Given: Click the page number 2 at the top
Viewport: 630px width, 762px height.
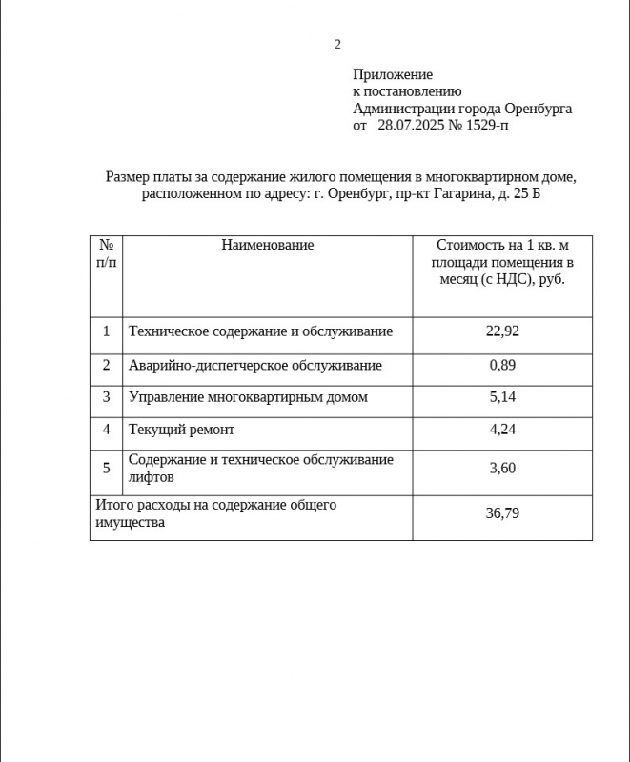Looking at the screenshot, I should [337, 44].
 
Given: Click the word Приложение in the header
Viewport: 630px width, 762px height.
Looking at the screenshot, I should [393, 74].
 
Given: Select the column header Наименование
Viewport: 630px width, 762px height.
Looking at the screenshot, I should [267, 246].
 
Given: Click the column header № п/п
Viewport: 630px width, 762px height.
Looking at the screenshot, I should [107, 254].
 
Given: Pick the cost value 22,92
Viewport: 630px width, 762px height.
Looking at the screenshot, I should [502, 331].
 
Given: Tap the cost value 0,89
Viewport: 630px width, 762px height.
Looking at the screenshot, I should [502, 366].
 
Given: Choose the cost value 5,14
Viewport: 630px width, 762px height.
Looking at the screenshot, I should [502, 397].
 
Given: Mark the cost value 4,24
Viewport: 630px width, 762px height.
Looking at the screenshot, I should [502, 430].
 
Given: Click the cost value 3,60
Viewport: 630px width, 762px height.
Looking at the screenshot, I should [502, 468].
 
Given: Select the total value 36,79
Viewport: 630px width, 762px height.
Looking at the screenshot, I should [502, 514].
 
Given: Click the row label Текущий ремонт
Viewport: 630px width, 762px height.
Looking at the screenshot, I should [181, 431].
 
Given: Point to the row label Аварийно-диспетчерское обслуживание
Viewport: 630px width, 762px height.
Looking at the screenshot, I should [255, 366].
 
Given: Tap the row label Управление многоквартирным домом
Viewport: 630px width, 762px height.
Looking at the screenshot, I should [248, 397].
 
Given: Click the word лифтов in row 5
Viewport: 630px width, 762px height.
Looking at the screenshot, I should [152, 477].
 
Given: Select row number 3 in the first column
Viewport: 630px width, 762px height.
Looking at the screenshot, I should [107, 397].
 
